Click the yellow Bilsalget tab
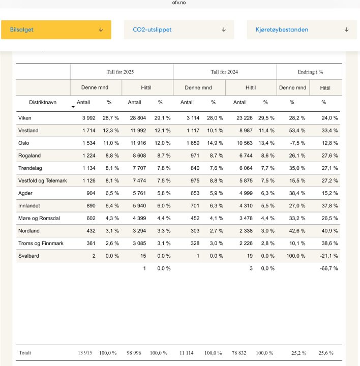click(56, 30)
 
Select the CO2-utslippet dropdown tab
click(179, 30)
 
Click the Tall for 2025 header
click(122, 72)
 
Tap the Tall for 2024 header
click(225, 72)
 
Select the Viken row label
click(25, 118)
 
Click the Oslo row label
click(24, 143)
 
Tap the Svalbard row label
click(28, 256)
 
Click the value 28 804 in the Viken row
click(137, 118)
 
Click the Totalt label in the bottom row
click(25, 353)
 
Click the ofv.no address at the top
click(179, 3)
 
